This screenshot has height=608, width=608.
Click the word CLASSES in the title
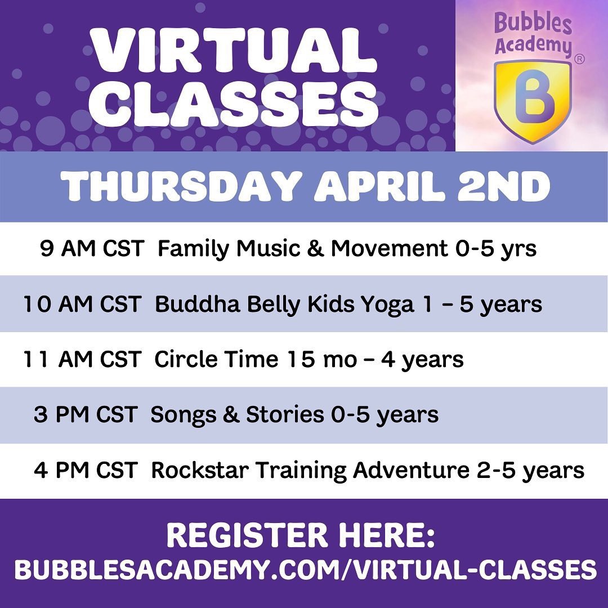coord(233,104)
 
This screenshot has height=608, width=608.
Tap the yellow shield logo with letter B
coord(533,101)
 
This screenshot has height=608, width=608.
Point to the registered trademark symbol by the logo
coord(579,59)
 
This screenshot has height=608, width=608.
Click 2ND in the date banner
coord(503,187)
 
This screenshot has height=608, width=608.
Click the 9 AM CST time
coord(92,248)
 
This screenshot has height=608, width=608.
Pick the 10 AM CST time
coord(82,303)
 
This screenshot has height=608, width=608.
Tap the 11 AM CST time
coord(82,359)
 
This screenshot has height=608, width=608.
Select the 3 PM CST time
coord(86,414)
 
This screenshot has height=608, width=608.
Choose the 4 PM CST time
coord(86,470)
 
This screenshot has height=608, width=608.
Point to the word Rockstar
coord(200,470)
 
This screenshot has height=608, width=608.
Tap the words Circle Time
coord(216,359)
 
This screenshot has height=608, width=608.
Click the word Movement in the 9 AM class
coord(389,248)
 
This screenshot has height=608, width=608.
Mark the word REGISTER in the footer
coord(247,535)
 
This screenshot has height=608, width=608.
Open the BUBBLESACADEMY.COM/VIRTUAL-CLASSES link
coord(305,570)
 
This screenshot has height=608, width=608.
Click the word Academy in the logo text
coord(533,45)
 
